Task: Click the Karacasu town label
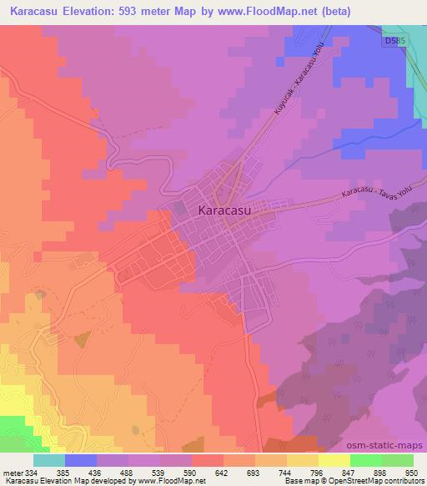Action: [x=227, y=211]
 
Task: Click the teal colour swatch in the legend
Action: [x=48, y=460]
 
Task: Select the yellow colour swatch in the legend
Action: [x=334, y=460]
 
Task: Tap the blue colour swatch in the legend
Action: [x=80, y=460]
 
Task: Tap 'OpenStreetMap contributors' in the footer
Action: [x=370, y=481]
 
